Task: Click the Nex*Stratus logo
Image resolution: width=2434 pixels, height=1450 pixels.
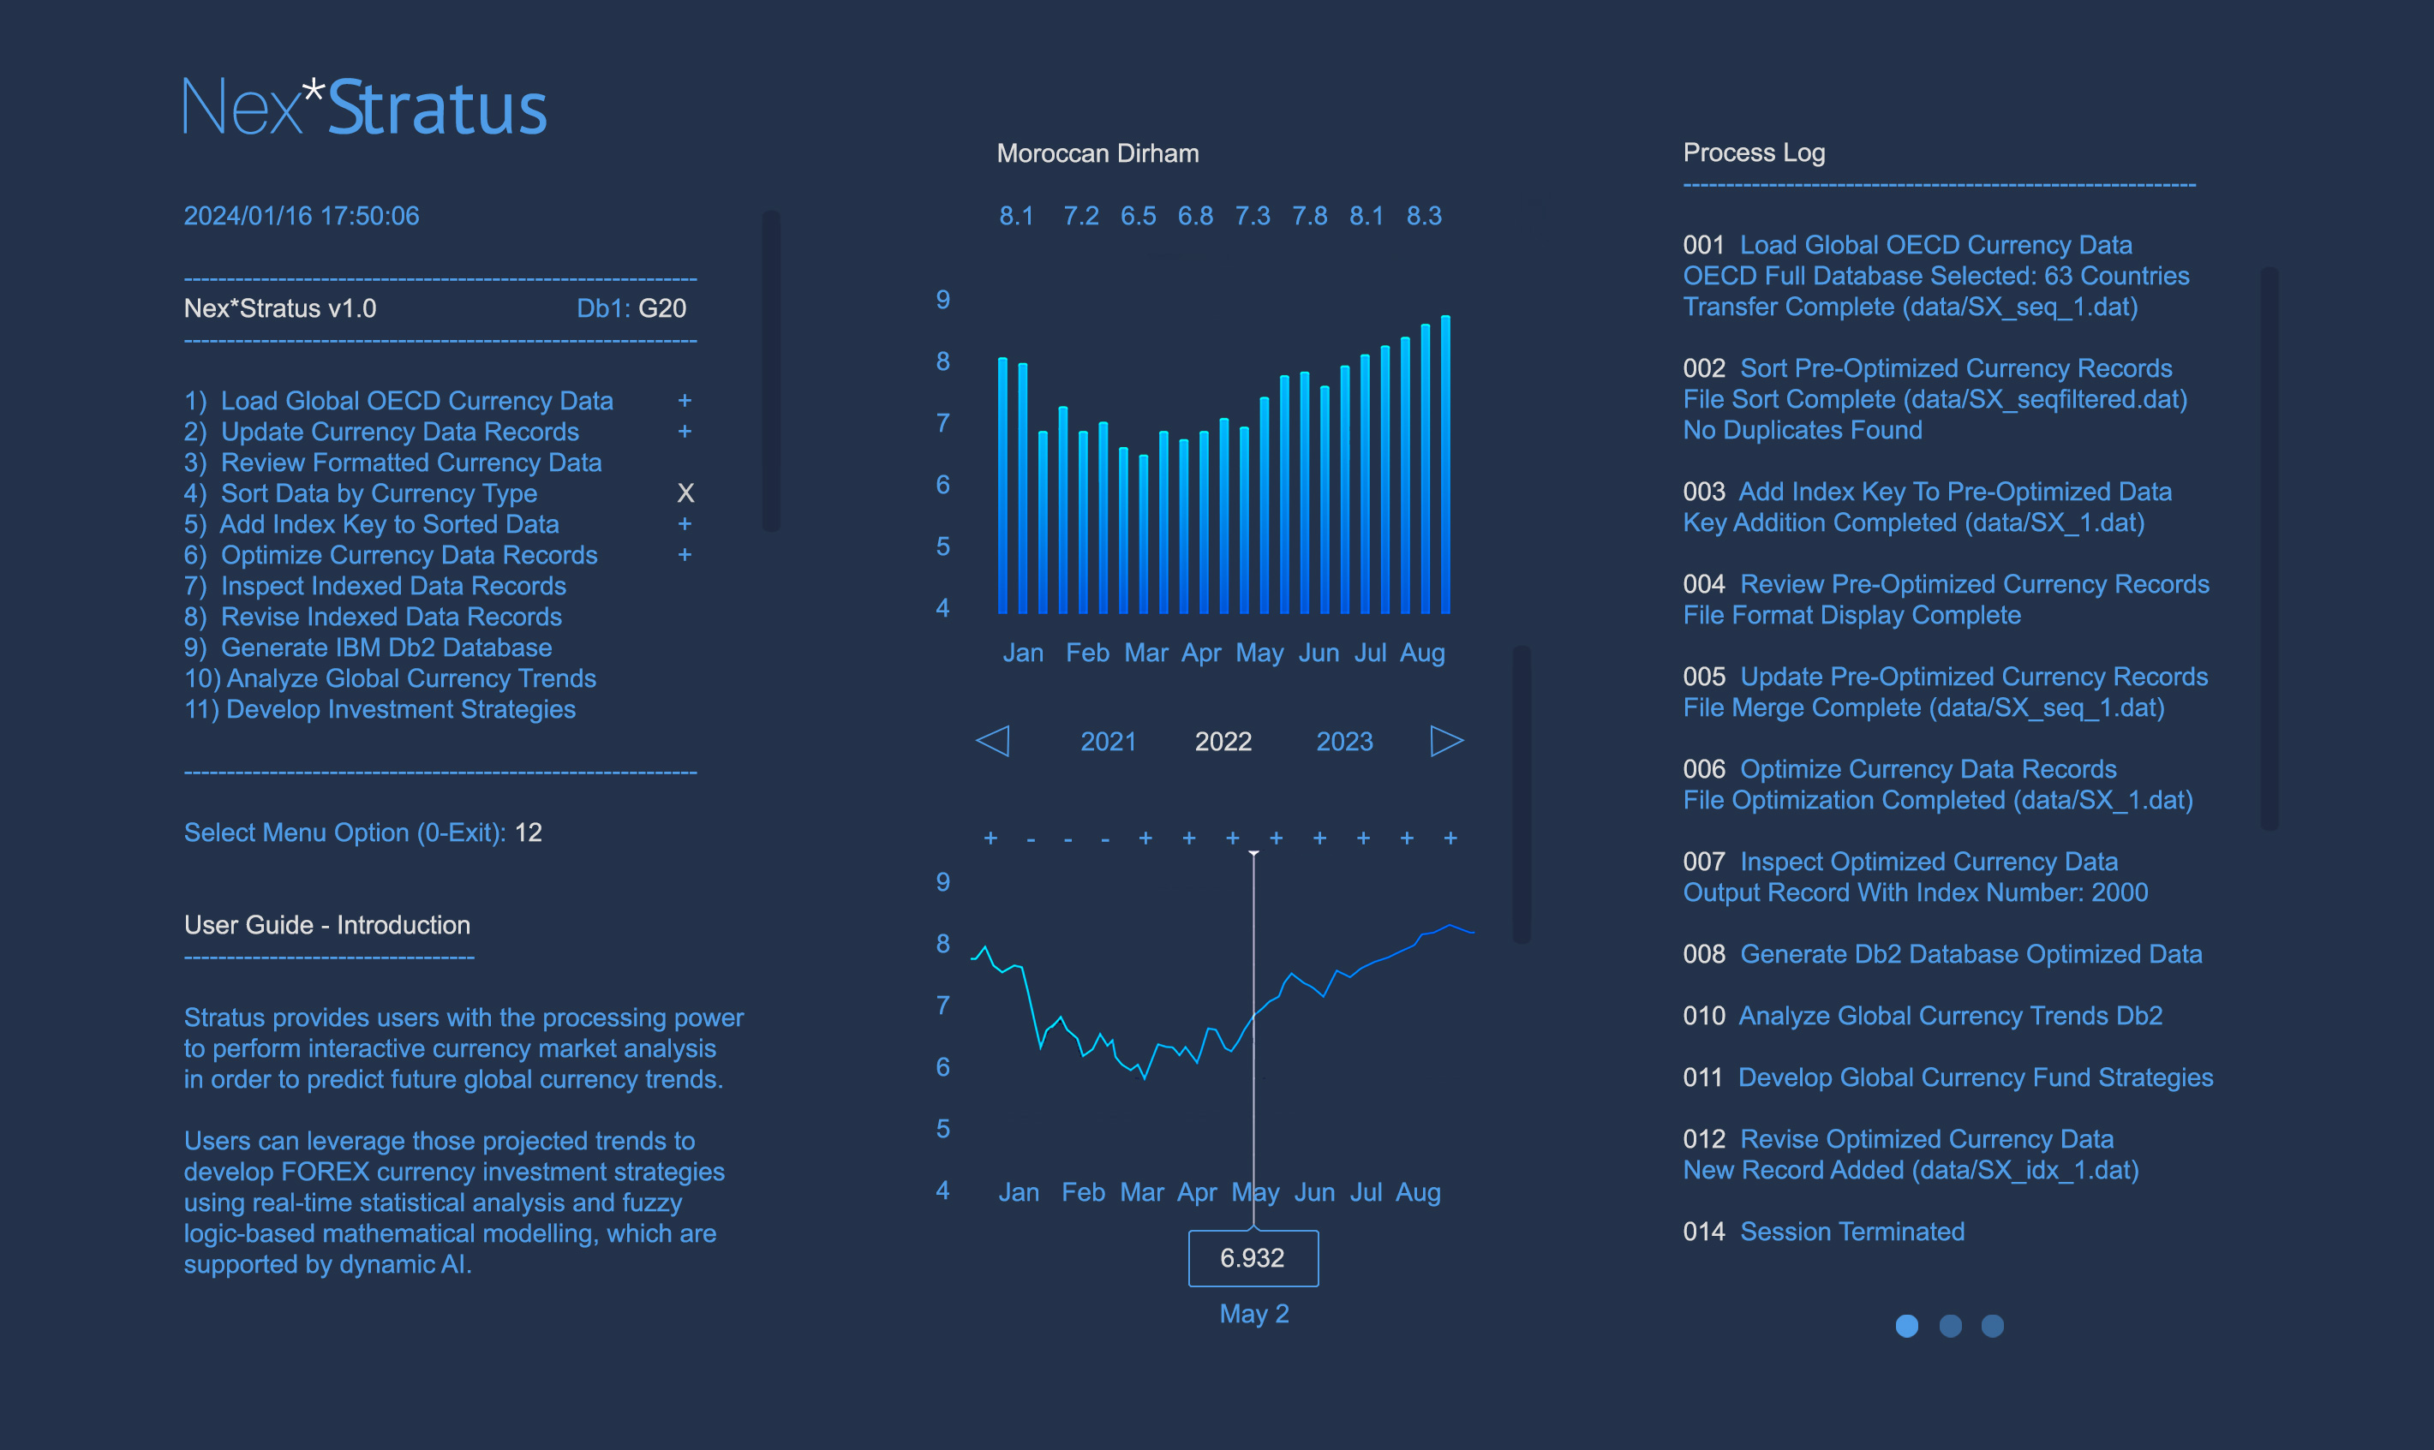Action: click(364, 107)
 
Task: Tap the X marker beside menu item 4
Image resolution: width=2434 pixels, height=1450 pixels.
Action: click(685, 493)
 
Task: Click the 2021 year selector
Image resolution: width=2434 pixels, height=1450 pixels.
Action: click(1107, 742)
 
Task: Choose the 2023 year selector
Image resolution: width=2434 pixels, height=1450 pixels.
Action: click(1343, 742)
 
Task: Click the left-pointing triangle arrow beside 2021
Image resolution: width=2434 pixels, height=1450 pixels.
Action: click(993, 741)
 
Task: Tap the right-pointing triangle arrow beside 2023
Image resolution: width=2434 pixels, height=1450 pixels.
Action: click(1446, 741)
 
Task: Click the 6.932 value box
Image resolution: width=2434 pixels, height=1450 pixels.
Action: click(1252, 1257)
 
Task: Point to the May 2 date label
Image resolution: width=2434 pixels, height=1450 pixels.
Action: click(1253, 1313)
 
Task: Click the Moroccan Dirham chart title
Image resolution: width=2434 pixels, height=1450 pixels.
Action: click(1097, 153)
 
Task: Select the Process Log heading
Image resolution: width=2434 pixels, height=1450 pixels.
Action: click(1753, 152)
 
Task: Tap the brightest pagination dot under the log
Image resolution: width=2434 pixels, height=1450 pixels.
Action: click(1906, 1326)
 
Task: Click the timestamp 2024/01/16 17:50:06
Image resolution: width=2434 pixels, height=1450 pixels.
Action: click(301, 216)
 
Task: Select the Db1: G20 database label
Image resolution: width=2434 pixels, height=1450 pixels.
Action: click(631, 309)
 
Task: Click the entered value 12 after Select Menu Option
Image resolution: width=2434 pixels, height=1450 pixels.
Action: click(529, 832)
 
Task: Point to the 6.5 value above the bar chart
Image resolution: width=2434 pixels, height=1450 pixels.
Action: click(1138, 216)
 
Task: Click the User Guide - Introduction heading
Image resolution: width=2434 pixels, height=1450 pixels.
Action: click(327, 925)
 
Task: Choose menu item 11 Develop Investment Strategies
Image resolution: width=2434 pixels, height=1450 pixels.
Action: click(380, 709)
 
